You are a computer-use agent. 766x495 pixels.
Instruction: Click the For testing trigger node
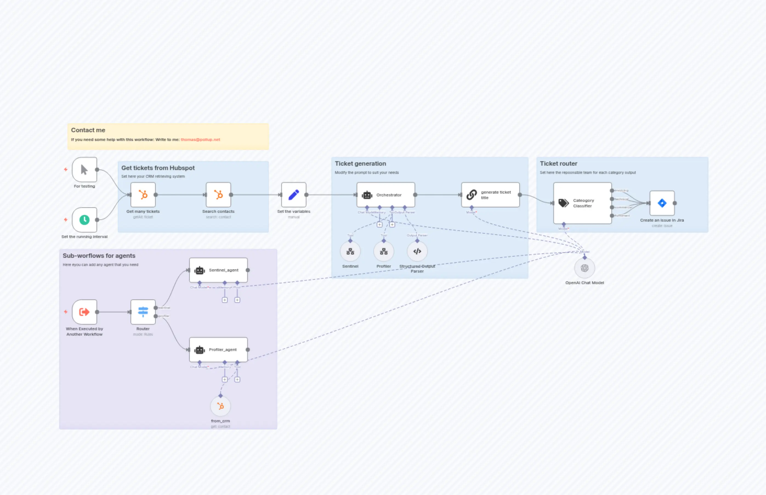pos(84,169)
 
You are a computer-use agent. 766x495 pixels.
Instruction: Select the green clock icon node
pos(84,220)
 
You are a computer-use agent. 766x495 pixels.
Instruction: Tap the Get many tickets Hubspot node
pos(143,195)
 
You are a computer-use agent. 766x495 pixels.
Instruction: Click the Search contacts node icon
pos(219,195)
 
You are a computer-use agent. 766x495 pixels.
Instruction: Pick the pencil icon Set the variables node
pos(294,195)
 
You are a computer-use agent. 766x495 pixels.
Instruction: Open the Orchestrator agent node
pos(385,195)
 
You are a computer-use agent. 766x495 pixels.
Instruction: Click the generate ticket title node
pos(490,195)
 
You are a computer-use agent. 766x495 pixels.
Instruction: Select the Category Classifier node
pos(582,203)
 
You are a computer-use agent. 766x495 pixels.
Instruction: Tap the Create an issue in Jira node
pos(662,203)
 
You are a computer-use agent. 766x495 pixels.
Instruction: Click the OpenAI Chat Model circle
pos(585,268)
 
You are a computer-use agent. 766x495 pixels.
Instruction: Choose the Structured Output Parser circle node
pos(417,251)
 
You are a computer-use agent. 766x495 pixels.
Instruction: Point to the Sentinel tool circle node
pos(350,251)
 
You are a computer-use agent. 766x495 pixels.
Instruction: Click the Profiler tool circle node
pos(384,251)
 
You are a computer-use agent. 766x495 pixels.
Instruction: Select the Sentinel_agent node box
pos(219,270)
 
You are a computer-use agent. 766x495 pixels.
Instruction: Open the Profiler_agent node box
pos(219,350)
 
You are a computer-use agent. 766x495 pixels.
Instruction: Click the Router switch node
pos(143,312)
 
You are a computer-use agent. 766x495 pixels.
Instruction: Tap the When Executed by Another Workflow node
pos(84,312)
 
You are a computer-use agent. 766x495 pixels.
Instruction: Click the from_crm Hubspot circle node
pos(220,406)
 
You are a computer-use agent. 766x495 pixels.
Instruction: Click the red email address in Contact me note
pos(200,140)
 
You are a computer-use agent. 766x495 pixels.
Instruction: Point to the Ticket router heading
pos(558,164)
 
